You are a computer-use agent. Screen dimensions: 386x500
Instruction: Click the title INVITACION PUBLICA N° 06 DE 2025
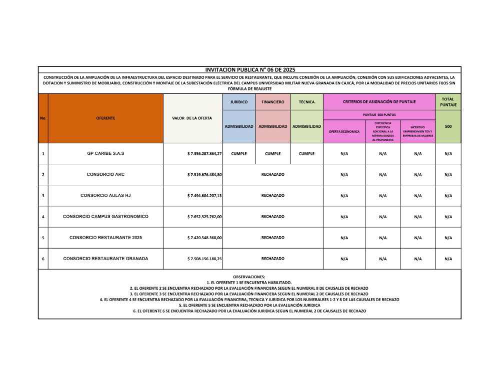pos(249,70)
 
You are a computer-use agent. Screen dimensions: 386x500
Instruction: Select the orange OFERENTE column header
pos(105,118)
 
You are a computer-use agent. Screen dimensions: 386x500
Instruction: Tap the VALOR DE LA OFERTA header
pos(192,118)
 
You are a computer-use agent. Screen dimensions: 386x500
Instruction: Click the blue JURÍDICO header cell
pos(239,102)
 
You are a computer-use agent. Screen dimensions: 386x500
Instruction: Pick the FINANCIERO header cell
pos(272,102)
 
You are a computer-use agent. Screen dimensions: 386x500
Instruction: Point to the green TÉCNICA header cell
pos(306,102)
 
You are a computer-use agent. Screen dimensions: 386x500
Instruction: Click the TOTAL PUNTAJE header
pos(448,102)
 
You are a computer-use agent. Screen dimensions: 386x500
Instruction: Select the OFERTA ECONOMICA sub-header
pos(344,131)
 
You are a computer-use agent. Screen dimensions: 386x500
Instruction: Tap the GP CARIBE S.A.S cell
pos(105,153)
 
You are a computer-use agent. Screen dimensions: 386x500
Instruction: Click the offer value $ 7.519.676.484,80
pos(204,175)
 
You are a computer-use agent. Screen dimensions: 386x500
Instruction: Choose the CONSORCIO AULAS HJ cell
pos(105,195)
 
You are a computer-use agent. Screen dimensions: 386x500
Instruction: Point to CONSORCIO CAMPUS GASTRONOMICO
pos(105,216)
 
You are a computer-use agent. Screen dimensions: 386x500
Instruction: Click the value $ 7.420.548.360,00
pos(204,238)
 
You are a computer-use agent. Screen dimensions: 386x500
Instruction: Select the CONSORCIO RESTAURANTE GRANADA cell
pos(105,258)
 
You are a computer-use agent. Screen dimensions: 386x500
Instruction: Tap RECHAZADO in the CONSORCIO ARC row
pos(272,174)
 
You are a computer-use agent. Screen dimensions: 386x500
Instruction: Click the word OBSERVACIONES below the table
pos(249,277)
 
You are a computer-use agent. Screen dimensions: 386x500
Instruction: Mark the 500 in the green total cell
pos(448,126)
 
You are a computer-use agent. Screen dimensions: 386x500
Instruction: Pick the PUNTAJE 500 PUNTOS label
pos(379,115)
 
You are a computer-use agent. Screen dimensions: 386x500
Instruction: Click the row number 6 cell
pos(43,259)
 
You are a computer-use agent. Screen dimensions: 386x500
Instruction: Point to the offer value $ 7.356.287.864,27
pos(204,154)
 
